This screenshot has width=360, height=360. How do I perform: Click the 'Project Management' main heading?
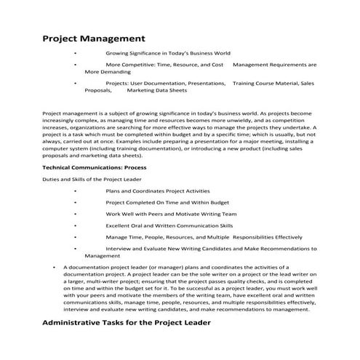(95, 37)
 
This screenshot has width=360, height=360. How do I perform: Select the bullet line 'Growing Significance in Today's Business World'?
(168, 53)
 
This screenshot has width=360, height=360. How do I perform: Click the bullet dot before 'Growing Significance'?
(75, 53)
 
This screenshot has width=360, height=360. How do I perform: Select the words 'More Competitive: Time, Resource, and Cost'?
(164, 65)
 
